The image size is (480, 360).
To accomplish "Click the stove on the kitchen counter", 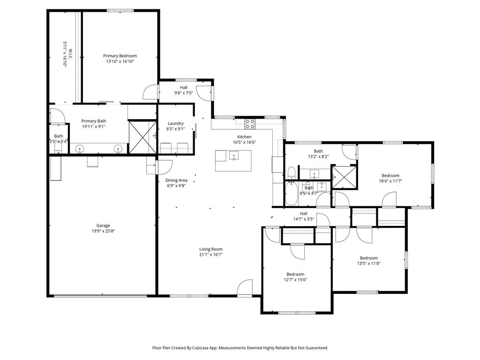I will pyautogui.click(x=250, y=124).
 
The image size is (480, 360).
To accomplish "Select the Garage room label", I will pyautogui.click(x=103, y=225).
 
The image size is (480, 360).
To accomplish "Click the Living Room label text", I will pyautogui.click(x=211, y=249).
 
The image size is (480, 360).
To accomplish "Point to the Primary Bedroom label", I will pyautogui.click(x=120, y=56).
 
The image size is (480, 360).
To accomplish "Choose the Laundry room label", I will pyautogui.click(x=176, y=123).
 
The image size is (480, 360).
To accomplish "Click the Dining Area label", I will pyautogui.click(x=176, y=180).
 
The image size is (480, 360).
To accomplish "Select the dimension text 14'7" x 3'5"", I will pyautogui.click(x=303, y=219).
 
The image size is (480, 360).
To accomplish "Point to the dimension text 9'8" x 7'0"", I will pyautogui.click(x=184, y=93).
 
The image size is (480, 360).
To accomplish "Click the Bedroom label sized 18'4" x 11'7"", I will pyautogui.click(x=390, y=175).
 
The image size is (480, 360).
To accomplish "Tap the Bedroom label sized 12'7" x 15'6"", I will pyautogui.click(x=295, y=274).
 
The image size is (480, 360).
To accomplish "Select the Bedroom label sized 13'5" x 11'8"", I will pyautogui.click(x=368, y=258).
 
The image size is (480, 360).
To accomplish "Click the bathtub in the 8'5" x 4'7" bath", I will pyautogui.click(x=291, y=194).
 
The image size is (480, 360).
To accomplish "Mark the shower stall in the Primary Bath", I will pyautogui.click(x=142, y=137).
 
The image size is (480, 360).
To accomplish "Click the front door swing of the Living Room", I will pyautogui.click(x=244, y=288).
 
